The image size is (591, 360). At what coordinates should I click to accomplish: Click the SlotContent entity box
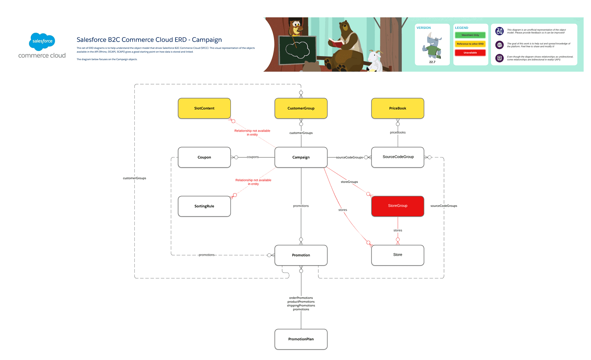coord(204,108)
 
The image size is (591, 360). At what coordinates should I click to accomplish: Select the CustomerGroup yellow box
coord(301,108)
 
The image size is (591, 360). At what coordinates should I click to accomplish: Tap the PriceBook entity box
coord(397,108)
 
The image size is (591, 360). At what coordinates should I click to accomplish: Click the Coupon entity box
coord(204,157)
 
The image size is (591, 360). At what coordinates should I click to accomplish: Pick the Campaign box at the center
coord(301,157)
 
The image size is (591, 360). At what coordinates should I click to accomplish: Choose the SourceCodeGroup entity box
coord(397,157)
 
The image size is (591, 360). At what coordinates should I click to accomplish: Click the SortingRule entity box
coord(204,206)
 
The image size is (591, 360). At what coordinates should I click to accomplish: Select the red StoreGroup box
coord(397,206)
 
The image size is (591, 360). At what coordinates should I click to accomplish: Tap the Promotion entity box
coord(301,255)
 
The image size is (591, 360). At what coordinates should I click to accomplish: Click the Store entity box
coord(397,255)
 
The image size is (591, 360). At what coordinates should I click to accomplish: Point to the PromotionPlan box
coord(301,339)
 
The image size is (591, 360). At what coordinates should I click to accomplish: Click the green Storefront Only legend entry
coord(470,35)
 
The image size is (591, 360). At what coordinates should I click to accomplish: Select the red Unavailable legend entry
coord(470,53)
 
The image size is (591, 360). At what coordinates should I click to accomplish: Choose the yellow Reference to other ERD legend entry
coord(470,44)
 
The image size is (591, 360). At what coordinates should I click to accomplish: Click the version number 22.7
coord(432,62)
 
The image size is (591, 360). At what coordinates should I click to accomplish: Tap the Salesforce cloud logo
coord(42,41)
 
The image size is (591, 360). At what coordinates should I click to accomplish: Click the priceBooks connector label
coord(397,132)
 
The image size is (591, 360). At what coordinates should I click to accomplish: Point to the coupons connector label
coord(252,157)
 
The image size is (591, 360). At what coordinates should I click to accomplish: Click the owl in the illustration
coord(296,28)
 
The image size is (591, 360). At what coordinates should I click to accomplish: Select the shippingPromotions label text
coord(301,305)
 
